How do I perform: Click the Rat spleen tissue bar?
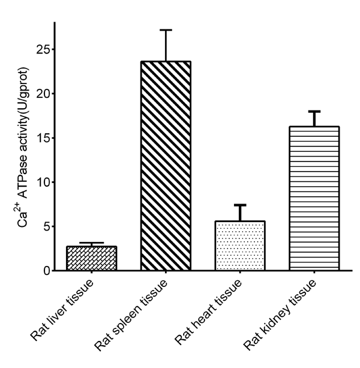tap(166, 166)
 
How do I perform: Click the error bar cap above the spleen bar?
tap(166, 30)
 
